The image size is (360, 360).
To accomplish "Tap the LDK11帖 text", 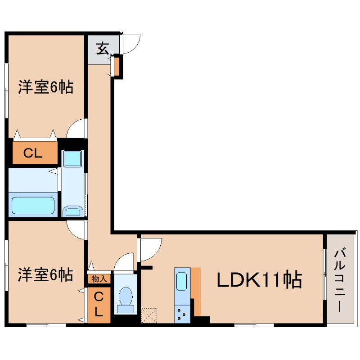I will coord(259,280).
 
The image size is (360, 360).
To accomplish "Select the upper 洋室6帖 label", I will coord(45,87).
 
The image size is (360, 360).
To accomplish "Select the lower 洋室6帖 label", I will coord(45,274).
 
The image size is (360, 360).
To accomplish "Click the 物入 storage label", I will coord(99,279).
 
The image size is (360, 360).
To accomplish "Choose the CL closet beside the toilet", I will coord(99,304).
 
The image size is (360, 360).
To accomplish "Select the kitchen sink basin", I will coord(182,281).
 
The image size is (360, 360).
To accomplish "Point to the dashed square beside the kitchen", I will coord(148,315).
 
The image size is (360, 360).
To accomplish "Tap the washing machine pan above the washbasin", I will coord(72,159).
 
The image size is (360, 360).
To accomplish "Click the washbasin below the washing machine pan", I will coord(72,211).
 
